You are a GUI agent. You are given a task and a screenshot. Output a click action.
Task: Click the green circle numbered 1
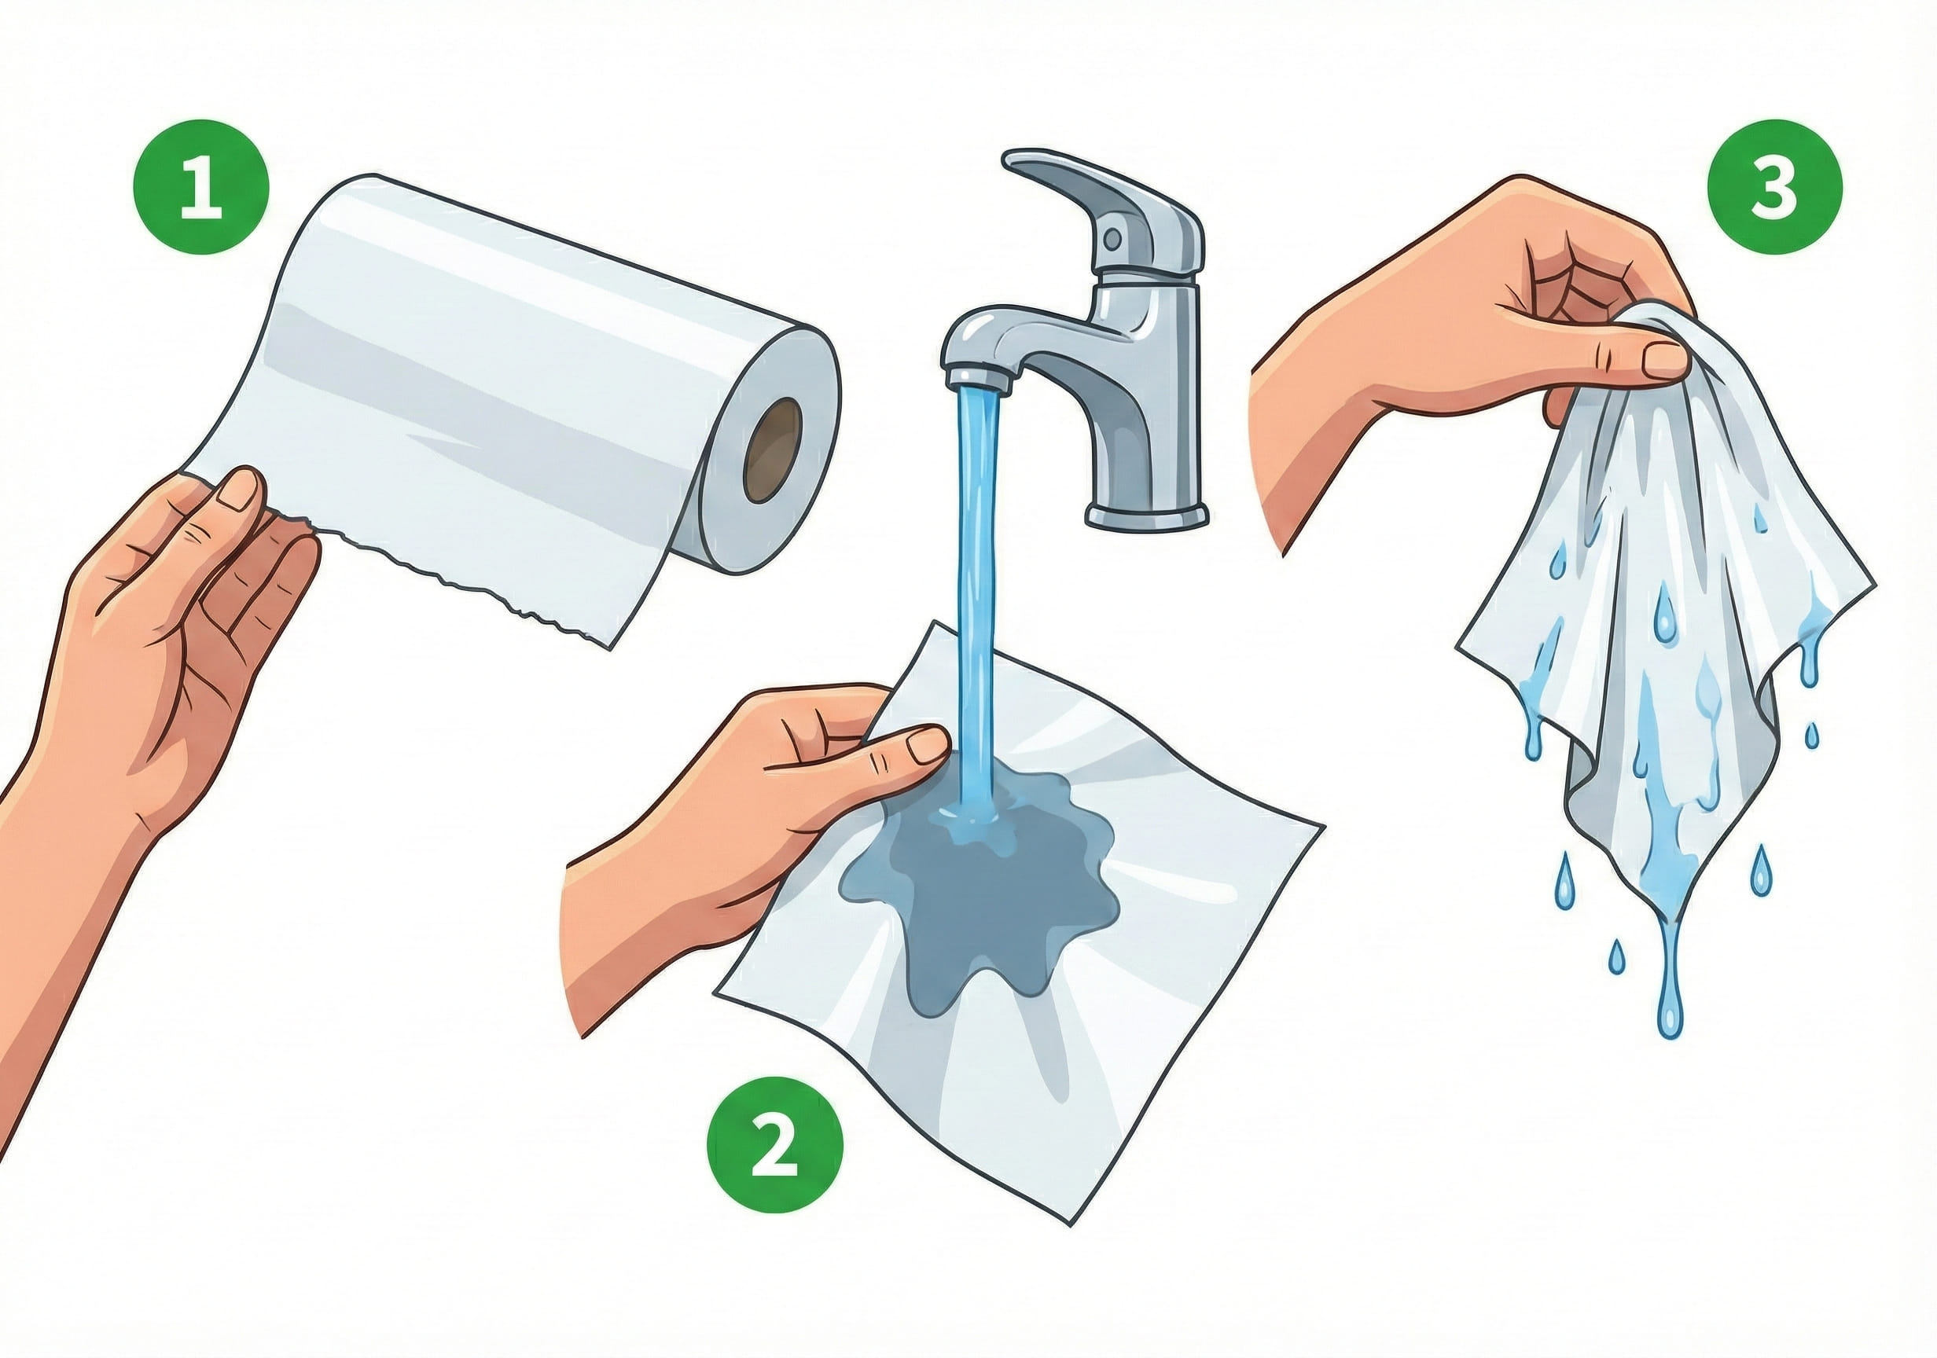pos(200,186)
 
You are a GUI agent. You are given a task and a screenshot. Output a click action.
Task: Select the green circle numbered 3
pos(1774,186)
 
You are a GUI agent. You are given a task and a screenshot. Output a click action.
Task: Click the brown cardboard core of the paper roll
pos(771,450)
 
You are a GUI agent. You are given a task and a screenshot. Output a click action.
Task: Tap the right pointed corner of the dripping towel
pos(1873,582)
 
